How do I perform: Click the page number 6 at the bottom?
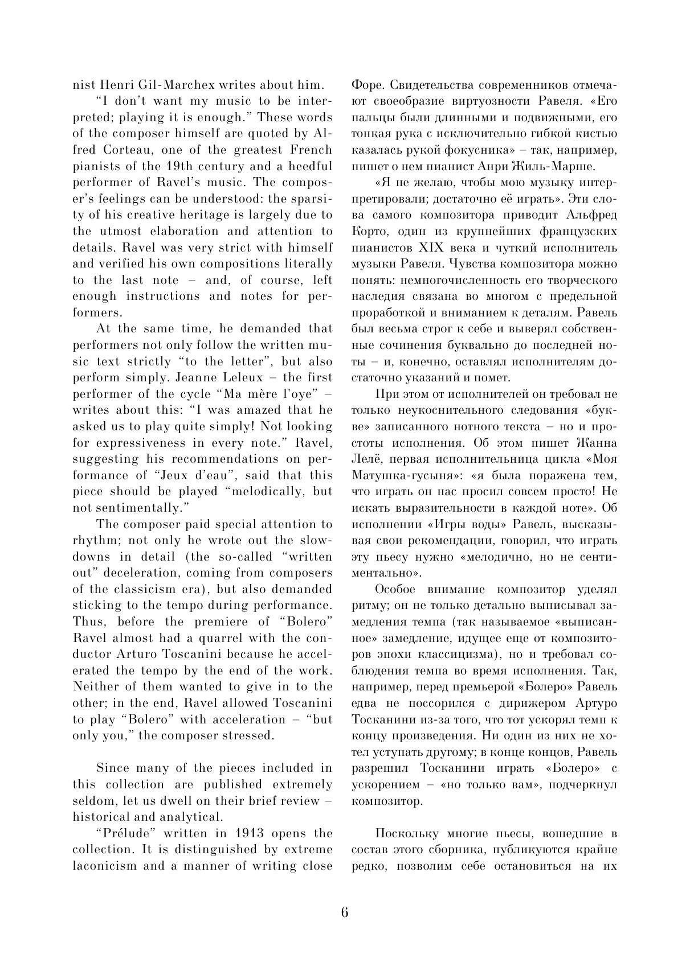(x=345, y=912)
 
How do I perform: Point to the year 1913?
(x=248, y=833)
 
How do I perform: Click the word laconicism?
(x=105, y=866)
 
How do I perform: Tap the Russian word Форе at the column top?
(x=363, y=85)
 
